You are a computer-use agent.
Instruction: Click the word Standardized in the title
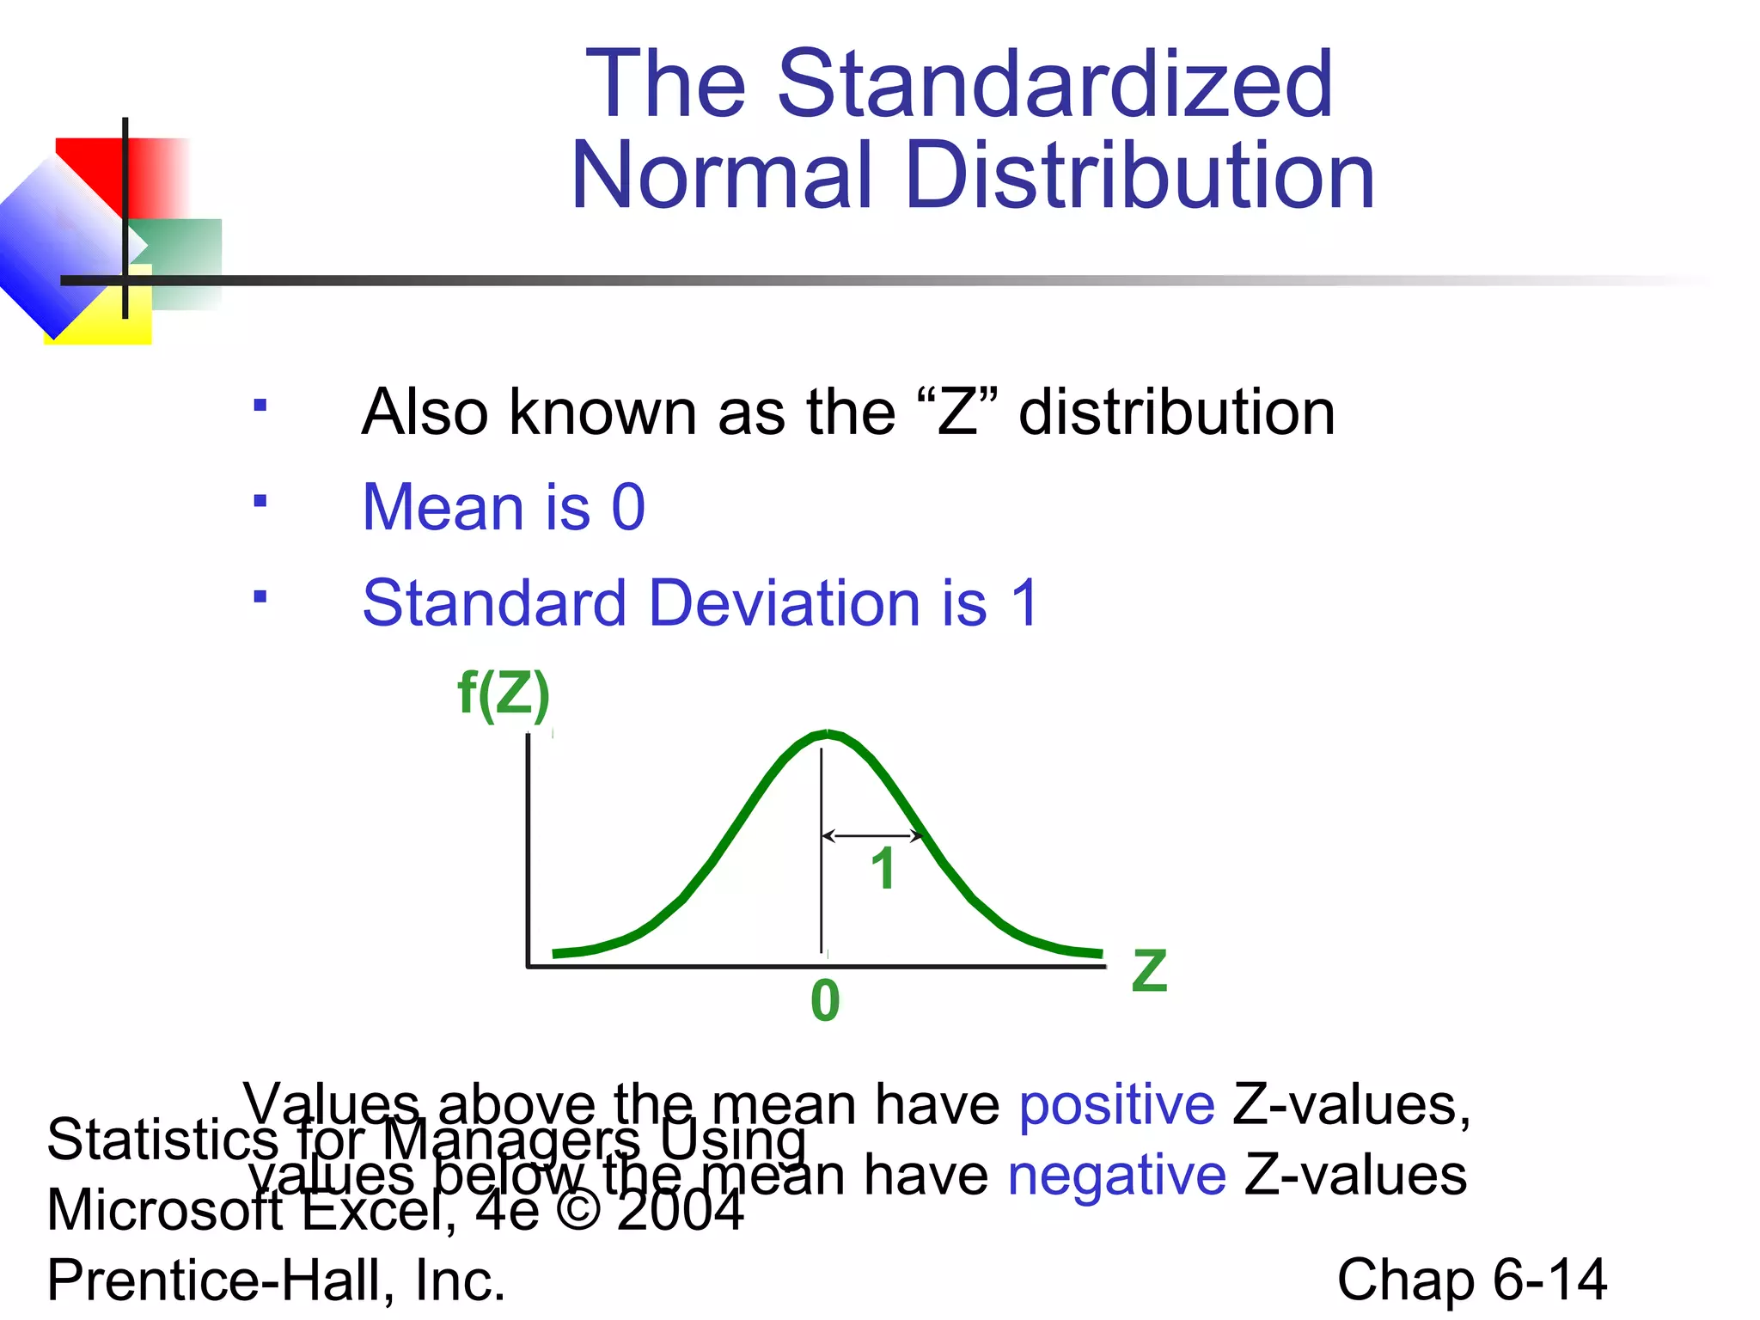[1054, 83]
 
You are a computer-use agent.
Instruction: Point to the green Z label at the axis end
[1149, 970]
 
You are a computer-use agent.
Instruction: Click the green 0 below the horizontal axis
[825, 1001]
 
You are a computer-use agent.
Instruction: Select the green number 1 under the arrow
[883, 869]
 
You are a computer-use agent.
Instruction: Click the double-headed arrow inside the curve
[871, 835]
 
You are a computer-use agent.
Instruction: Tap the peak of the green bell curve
[827, 734]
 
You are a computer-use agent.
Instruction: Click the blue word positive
[1116, 1104]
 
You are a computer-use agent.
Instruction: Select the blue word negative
[1116, 1175]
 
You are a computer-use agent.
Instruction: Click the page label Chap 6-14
[1471, 1280]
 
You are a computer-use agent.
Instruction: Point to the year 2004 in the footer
[680, 1210]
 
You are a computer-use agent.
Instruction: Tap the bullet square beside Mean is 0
[260, 500]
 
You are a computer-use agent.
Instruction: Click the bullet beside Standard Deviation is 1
[260, 596]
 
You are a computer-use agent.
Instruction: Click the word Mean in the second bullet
[443, 507]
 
